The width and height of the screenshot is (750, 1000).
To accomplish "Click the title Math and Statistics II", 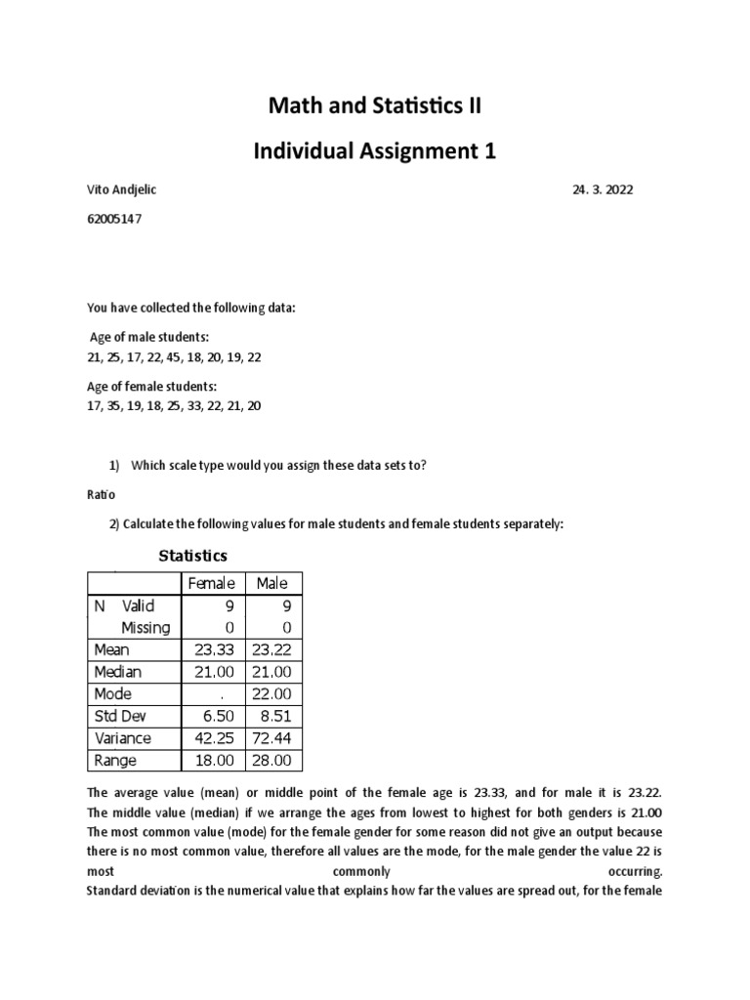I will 376,105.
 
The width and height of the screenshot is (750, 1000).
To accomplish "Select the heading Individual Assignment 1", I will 376,150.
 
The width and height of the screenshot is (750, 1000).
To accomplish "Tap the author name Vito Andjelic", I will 122,190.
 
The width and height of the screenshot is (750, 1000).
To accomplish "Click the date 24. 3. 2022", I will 603,190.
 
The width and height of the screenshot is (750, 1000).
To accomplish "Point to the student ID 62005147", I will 115,219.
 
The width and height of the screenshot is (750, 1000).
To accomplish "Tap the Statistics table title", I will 192,556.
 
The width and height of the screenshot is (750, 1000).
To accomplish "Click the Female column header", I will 212,583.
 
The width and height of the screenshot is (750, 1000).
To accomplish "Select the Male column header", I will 271,583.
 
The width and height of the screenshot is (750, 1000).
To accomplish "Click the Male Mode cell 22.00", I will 275,694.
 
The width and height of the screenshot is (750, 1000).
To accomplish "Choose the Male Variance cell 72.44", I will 275,738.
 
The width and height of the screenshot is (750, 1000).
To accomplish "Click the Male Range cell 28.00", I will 275,761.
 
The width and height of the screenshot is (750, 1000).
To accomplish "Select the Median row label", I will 117,672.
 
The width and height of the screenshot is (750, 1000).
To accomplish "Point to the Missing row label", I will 145,627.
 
